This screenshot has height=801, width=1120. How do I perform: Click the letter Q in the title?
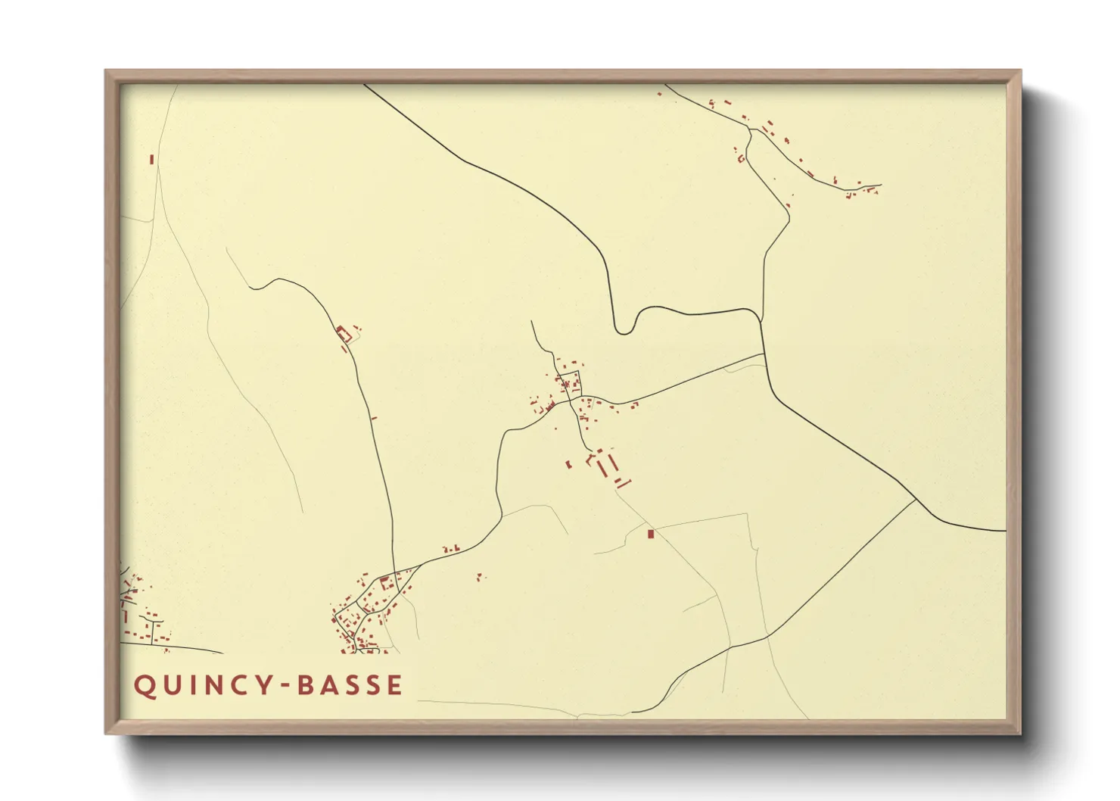tap(144, 686)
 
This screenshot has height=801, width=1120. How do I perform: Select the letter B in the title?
tap(307, 686)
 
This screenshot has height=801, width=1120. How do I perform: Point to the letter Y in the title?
tap(263, 686)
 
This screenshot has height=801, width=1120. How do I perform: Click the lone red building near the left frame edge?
tap(152, 159)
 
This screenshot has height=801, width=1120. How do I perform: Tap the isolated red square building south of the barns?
tap(650, 535)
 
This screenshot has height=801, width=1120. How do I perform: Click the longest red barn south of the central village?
tap(603, 469)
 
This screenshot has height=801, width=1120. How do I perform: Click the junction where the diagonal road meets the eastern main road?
tap(916, 500)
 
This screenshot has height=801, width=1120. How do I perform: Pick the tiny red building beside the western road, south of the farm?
tap(373, 418)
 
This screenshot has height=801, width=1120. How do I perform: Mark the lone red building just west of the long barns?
tap(569, 463)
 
